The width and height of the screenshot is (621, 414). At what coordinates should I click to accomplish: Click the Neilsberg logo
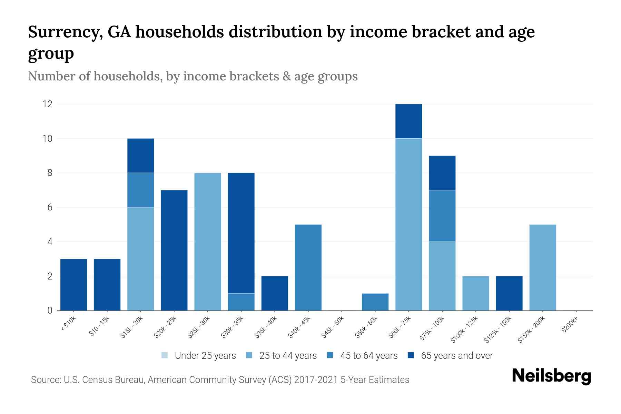(x=551, y=376)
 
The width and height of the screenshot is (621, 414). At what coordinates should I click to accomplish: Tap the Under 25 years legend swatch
(x=165, y=355)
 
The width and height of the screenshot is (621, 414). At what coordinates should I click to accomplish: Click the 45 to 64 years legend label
(x=369, y=356)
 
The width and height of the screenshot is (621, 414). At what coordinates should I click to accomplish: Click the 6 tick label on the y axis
(x=50, y=207)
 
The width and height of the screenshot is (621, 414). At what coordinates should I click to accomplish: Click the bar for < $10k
(x=73, y=285)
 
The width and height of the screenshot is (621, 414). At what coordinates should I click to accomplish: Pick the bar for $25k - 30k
(x=208, y=241)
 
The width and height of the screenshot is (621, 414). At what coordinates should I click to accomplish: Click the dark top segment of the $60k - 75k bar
(x=408, y=121)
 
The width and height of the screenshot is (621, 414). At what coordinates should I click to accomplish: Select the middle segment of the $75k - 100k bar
(x=442, y=216)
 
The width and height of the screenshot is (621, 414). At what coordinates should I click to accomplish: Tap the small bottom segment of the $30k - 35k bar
(x=241, y=302)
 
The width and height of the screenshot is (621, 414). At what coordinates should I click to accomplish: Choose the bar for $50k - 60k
(x=375, y=302)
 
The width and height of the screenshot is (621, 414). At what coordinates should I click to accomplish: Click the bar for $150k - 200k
(x=542, y=267)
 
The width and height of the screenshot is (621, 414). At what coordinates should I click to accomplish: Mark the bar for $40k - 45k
(x=308, y=267)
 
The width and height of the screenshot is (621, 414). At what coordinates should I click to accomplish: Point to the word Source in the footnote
(x=45, y=380)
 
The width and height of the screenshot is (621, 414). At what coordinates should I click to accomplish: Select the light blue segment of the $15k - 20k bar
(x=141, y=259)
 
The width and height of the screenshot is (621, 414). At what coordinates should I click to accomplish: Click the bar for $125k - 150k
(x=509, y=293)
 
